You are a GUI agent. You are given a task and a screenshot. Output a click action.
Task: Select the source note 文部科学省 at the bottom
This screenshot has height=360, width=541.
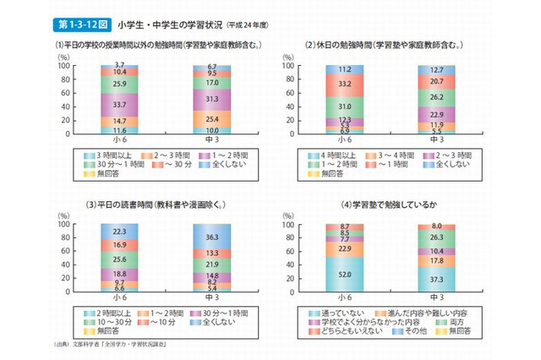tap(110, 346)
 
